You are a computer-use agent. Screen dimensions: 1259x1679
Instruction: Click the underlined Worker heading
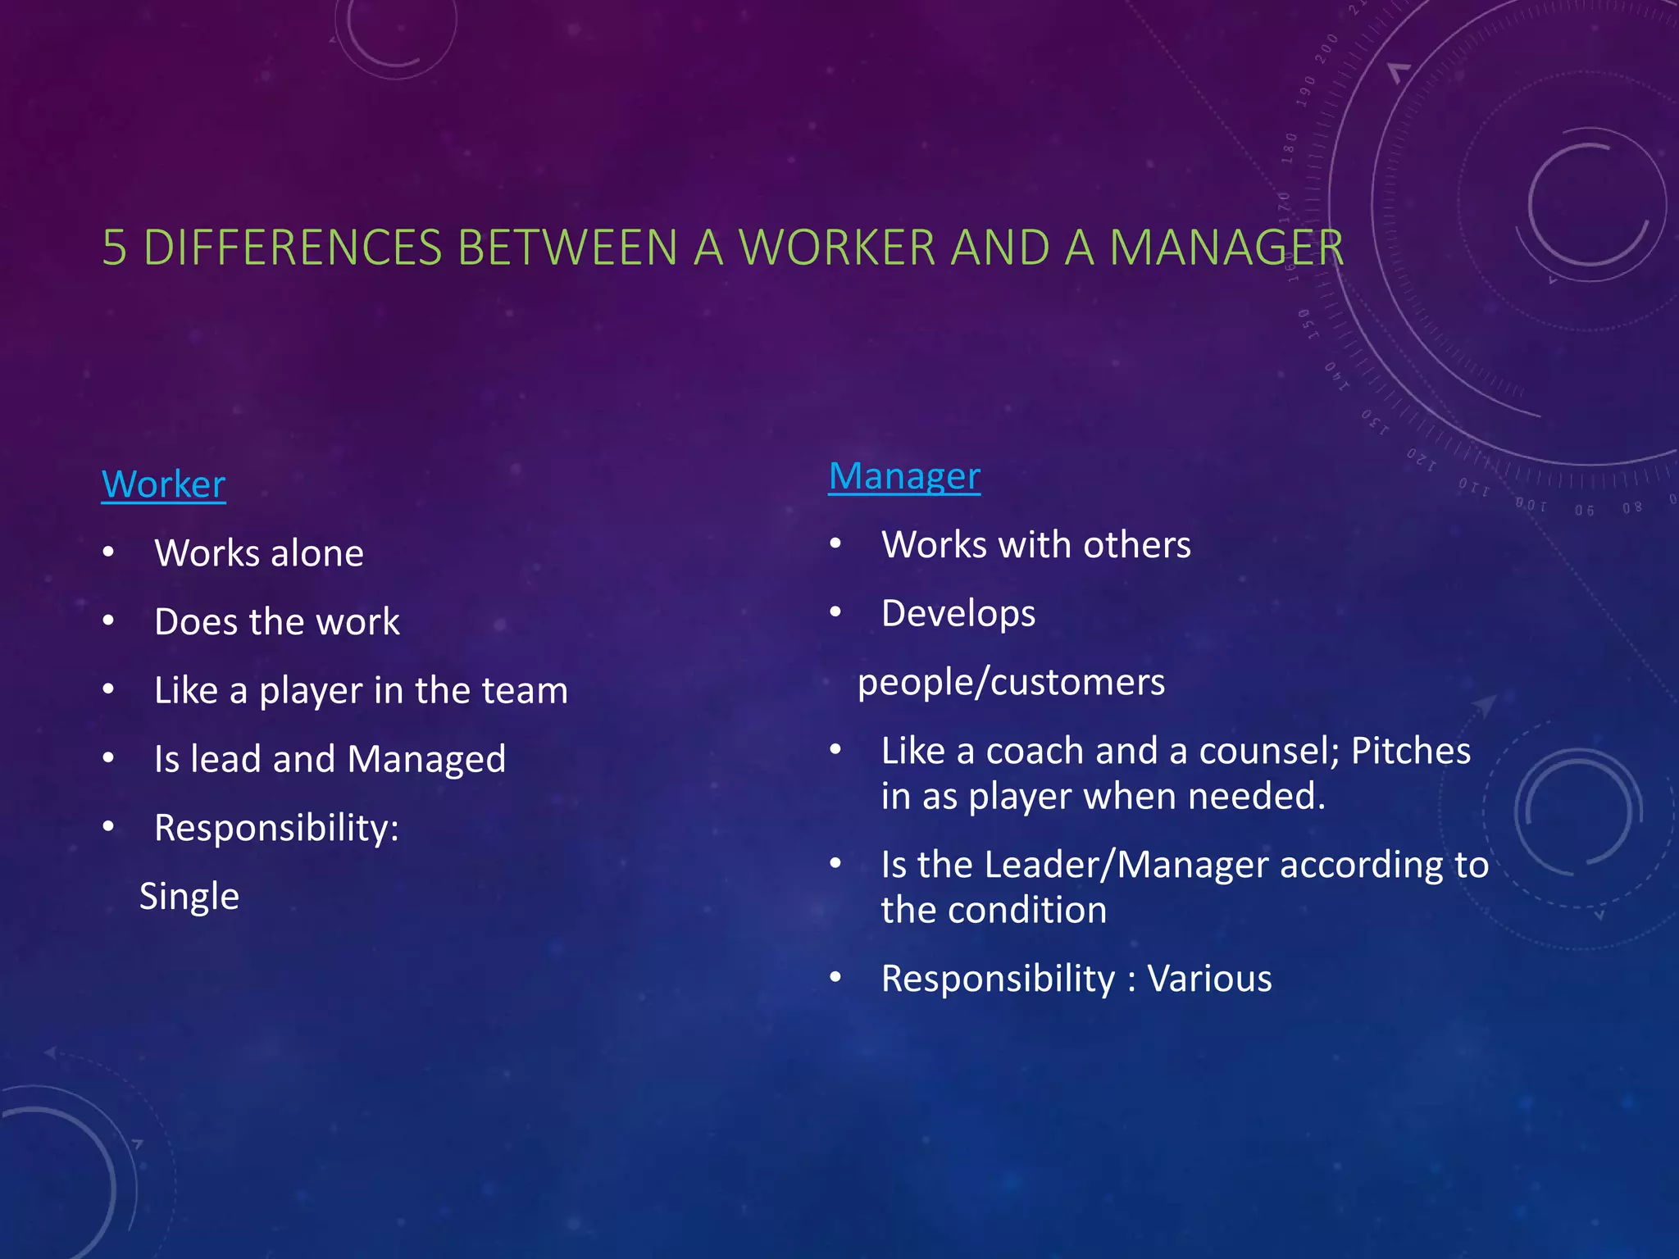coord(163,484)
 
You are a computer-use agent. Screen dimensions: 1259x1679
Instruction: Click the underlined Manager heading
coord(904,476)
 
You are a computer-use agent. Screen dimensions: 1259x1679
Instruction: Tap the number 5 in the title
coord(115,248)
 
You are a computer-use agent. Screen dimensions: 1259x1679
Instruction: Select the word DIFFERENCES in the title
coord(293,248)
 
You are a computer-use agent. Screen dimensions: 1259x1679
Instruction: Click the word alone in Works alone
coord(317,553)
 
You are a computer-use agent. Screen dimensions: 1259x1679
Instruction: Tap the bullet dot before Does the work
coord(108,621)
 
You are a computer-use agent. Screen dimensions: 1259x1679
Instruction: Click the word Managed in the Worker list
coord(426,760)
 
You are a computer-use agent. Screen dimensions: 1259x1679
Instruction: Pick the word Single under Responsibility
coord(189,897)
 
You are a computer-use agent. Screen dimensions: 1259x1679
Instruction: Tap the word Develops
coord(958,614)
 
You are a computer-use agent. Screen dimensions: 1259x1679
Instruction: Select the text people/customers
coord(1011,683)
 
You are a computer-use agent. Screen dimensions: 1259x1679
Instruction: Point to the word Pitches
coord(1410,751)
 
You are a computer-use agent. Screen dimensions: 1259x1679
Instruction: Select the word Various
coord(1209,979)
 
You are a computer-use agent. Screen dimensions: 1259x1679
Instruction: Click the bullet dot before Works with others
coord(835,544)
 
